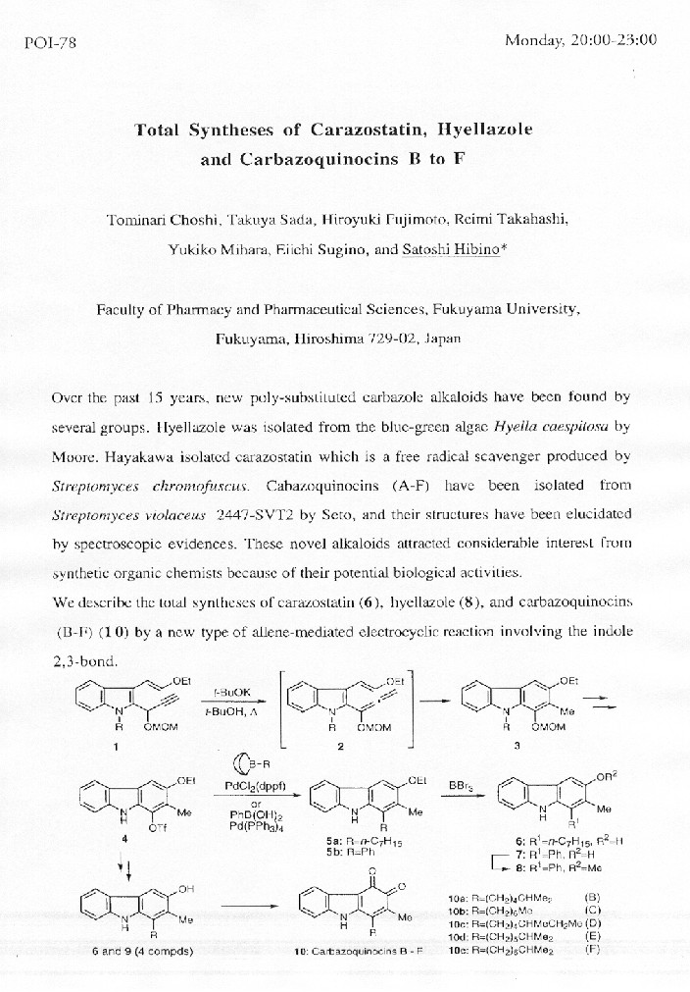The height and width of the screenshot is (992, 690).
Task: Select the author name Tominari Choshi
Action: (x=163, y=220)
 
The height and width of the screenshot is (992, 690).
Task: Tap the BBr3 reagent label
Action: (x=462, y=785)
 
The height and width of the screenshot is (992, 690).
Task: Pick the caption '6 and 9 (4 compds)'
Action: (x=132, y=951)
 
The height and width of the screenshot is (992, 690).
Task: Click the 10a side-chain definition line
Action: (x=506, y=897)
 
